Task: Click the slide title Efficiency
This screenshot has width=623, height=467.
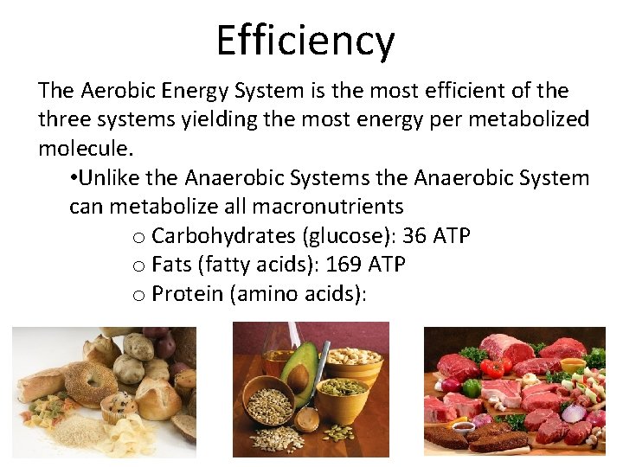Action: pyautogui.click(x=305, y=41)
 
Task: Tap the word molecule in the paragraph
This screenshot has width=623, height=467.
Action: pyautogui.click(x=83, y=148)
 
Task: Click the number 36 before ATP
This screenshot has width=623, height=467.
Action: pyautogui.click(x=414, y=236)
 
